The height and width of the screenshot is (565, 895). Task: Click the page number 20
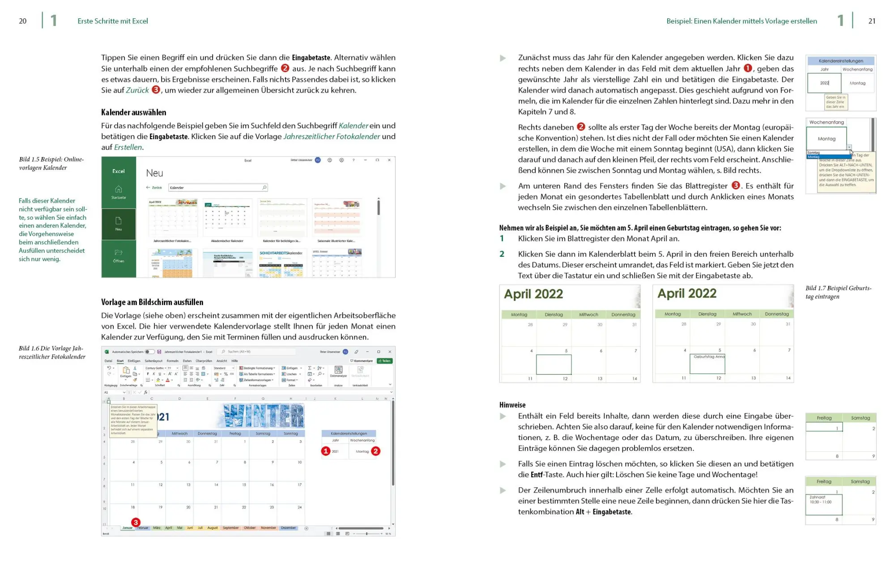point(23,21)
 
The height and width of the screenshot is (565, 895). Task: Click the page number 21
point(872,21)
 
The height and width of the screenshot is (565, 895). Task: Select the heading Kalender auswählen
point(133,112)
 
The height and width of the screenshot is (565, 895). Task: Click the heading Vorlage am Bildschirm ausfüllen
point(152,302)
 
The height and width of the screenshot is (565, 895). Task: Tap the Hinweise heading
point(512,405)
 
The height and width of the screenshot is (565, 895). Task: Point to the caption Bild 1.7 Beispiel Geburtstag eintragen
point(838,292)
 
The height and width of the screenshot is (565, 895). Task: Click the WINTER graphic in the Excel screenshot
point(264,416)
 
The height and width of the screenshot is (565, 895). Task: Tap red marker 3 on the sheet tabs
point(136,522)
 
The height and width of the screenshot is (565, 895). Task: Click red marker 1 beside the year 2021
point(326,451)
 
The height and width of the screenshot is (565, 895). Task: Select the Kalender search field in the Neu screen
point(217,187)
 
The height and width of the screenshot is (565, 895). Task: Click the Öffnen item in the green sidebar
point(119,256)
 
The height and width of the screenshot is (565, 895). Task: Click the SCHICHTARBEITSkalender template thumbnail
point(281,264)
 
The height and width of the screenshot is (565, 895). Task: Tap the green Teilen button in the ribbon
point(384,361)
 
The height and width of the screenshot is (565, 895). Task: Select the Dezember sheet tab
point(288,528)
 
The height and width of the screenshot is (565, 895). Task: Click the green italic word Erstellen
point(128,147)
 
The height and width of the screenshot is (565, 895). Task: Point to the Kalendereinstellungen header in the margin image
point(840,61)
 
